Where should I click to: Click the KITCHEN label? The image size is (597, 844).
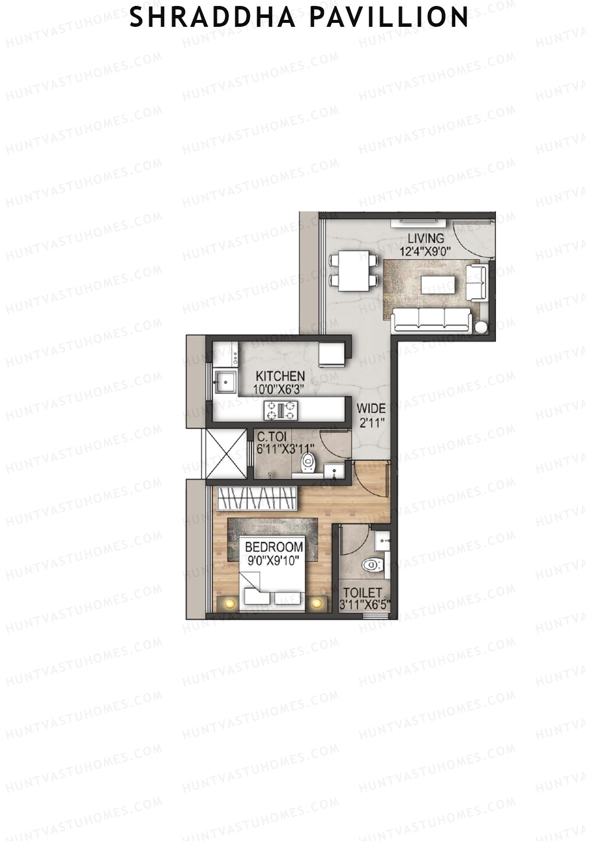click(280, 376)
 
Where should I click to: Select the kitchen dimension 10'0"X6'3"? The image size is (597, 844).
click(279, 389)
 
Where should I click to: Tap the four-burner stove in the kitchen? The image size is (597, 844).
click(282, 410)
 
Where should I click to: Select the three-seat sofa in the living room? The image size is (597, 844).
click(431, 320)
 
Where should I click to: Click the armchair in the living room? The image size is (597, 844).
click(476, 282)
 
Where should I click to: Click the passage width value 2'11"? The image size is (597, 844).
click(371, 423)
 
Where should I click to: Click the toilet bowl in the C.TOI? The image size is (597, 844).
click(309, 462)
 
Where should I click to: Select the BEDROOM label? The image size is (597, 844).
click(274, 547)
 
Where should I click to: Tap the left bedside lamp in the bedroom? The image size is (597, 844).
click(229, 603)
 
